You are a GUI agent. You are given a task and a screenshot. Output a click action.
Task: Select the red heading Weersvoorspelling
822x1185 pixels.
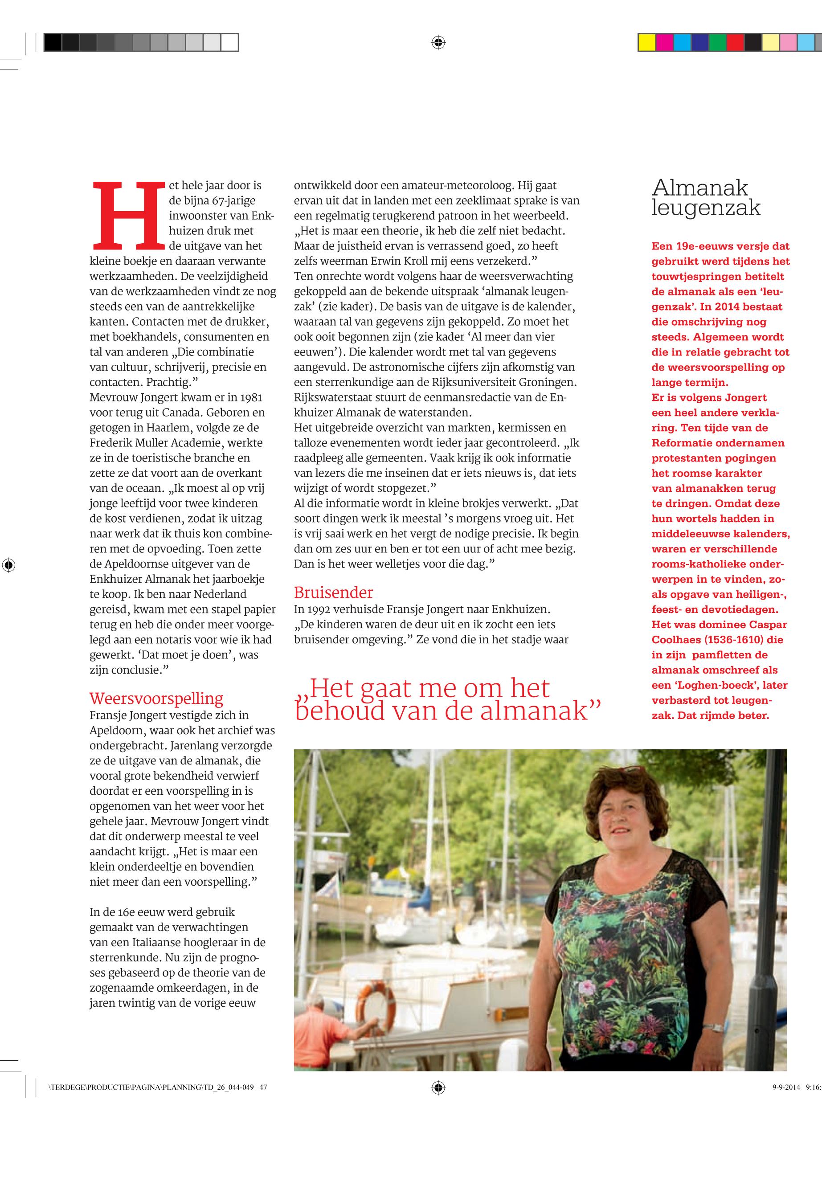point(156,699)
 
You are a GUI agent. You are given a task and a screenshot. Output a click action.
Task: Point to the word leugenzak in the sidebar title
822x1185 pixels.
point(706,208)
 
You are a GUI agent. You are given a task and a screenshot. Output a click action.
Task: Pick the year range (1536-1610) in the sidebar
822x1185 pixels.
point(733,640)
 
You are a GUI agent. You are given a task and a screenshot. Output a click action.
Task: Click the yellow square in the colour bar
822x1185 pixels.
point(646,43)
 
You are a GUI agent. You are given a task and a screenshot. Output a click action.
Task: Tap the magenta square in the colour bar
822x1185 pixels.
point(664,43)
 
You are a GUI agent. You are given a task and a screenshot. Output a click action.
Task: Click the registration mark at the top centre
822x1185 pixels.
point(438,43)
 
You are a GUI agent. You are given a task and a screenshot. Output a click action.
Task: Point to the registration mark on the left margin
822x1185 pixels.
point(9,565)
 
